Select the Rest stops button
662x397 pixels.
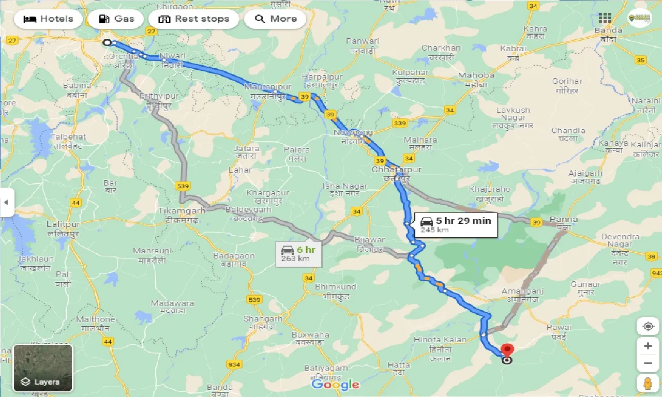point(193,19)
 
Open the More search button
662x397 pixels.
point(275,19)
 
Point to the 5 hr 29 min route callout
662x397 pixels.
point(456,225)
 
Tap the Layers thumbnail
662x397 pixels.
point(43,368)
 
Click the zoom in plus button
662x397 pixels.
point(648,346)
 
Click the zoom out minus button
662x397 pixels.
point(648,363)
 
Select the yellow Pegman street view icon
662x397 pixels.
point(648,384)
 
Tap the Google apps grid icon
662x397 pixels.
point(605,19)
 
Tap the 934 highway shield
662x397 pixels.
point(234,364)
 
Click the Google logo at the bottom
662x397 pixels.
point(335,384)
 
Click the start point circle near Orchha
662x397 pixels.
point(107,42)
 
